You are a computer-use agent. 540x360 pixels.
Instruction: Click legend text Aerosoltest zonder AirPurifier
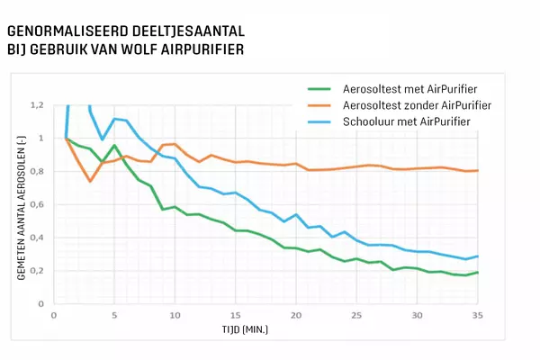point(410,104)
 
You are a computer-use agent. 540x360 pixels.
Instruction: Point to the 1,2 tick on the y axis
point(36,105)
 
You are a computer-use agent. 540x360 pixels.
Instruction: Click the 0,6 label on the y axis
point(36,204)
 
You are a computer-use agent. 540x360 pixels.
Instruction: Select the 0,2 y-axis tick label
point(36,271)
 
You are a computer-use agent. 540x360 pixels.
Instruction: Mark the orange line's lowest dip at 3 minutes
point(90,181)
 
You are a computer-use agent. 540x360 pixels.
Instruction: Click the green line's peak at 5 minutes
point(114,145)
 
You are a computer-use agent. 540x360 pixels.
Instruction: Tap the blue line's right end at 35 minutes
point(477,256)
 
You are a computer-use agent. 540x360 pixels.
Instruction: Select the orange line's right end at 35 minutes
point(477,170)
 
